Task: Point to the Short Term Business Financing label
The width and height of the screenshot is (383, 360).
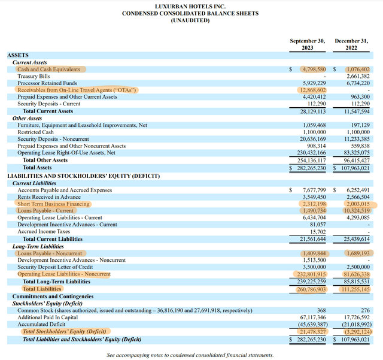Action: (53, 204)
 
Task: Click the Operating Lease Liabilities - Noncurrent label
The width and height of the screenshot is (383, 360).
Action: (64, 274)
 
